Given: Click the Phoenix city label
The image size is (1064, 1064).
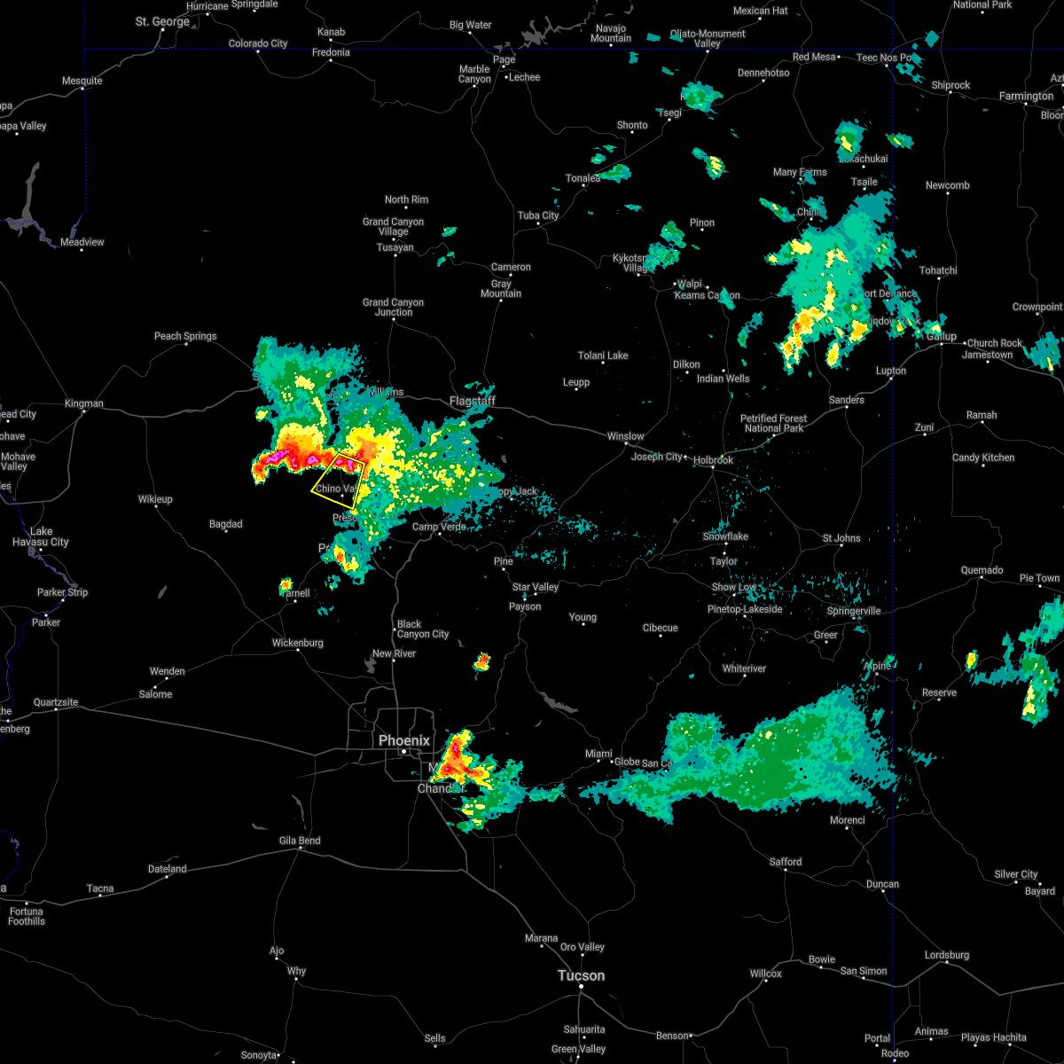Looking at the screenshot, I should pyautogui.click(x=403, y=740).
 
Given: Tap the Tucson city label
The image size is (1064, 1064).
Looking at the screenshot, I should pyautogui.click(x=581, y=975).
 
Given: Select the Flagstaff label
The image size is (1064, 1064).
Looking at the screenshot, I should pyautogui.click(x=472, y=401).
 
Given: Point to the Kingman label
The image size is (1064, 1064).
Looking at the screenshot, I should pyautogui.click(x=84, y=403).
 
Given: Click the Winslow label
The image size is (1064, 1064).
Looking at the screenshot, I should pyautogui.click(x=625, y=436).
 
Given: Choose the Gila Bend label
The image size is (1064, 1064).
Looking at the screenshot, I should pyautogui.click(x=300, y=841).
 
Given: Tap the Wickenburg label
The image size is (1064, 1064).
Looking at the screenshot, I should pyautogui.click(x=298, y=643).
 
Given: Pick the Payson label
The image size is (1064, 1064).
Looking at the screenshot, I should pyautogui.click(x=525, y=606).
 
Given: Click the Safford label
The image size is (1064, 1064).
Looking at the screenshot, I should pyautogui.click(x=785, y=861).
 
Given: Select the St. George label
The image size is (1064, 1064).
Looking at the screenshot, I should pyautogui.click(x=162, y=21).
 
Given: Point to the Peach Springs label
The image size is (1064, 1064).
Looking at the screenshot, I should pyautogui.click(x=185, y=336).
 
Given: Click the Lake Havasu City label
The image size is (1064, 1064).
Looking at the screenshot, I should pyautogui.click(x=40, y=536).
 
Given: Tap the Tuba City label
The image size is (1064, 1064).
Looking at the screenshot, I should pyautogui.click(x=538, y=215).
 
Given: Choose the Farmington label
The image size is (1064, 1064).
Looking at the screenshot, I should pyautogui.click(x=1026, y=96).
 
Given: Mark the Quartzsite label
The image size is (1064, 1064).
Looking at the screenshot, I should pyautogui.click(x=56, y=702).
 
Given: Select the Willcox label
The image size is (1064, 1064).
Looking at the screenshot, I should pyautogui.click(x=765, y=974).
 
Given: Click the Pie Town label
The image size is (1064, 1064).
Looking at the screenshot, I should pyautogui.click(x=1039, y=578).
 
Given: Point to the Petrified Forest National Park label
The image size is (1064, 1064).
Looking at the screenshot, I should pyautogui.click(x=773, y=423).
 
